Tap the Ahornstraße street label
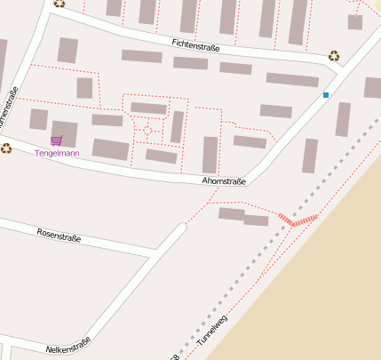(224, 180)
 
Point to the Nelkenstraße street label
(68, 344)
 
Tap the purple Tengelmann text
(57, 153)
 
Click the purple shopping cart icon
(57, 140)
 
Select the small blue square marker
(326, 94)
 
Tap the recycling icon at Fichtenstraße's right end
(334, 55)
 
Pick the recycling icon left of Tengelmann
(6, 148)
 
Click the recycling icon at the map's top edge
(60, 3)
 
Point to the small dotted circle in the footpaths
(147, 132)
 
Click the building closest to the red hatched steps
(256, 220)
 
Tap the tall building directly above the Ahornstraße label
(210, 154)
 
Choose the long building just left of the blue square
(292, 79)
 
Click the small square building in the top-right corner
(355, 21)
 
